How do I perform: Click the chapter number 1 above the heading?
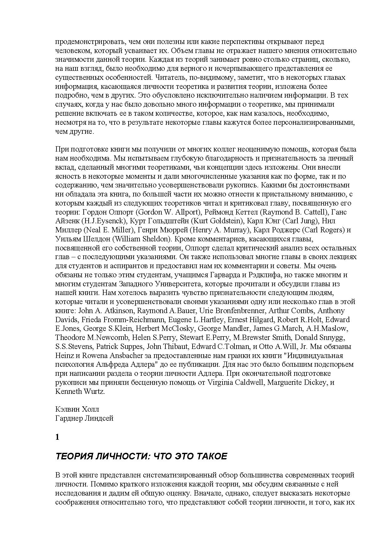[57, 437]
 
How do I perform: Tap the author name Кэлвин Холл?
[77, 409]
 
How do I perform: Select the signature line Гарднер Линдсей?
[84, 418]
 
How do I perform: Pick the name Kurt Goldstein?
[218, 221]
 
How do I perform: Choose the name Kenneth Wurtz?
[80, 391]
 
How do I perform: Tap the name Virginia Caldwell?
[235, 382]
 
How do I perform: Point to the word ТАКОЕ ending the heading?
[212, 457]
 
